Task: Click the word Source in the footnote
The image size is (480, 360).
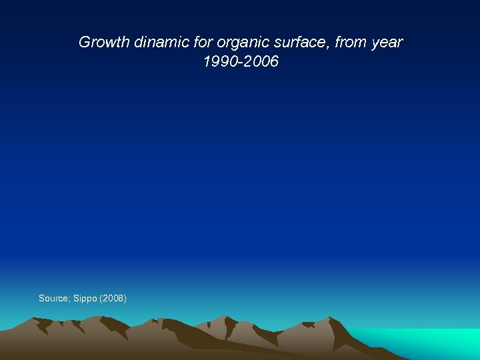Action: [53, 298]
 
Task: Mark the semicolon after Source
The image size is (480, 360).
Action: [69, 299]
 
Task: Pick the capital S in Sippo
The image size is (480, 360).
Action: [75, 298]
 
